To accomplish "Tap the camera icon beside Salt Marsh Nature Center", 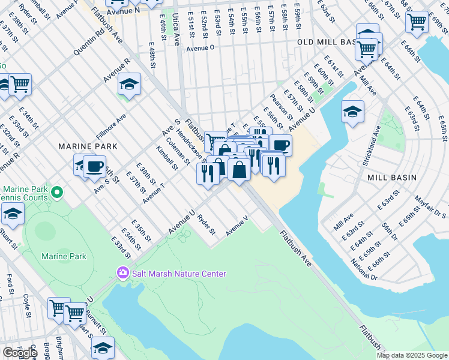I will click(123, 274).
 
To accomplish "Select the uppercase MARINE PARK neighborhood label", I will click(82, 146).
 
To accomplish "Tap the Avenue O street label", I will click(200, 49).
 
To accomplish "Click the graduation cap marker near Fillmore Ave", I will click(128, 85).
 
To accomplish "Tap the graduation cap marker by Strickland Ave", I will click(352, 112).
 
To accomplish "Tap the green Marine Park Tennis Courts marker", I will click(57, 193).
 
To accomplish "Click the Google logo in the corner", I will click(20, 353).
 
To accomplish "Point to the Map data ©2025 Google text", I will click(412, 355).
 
